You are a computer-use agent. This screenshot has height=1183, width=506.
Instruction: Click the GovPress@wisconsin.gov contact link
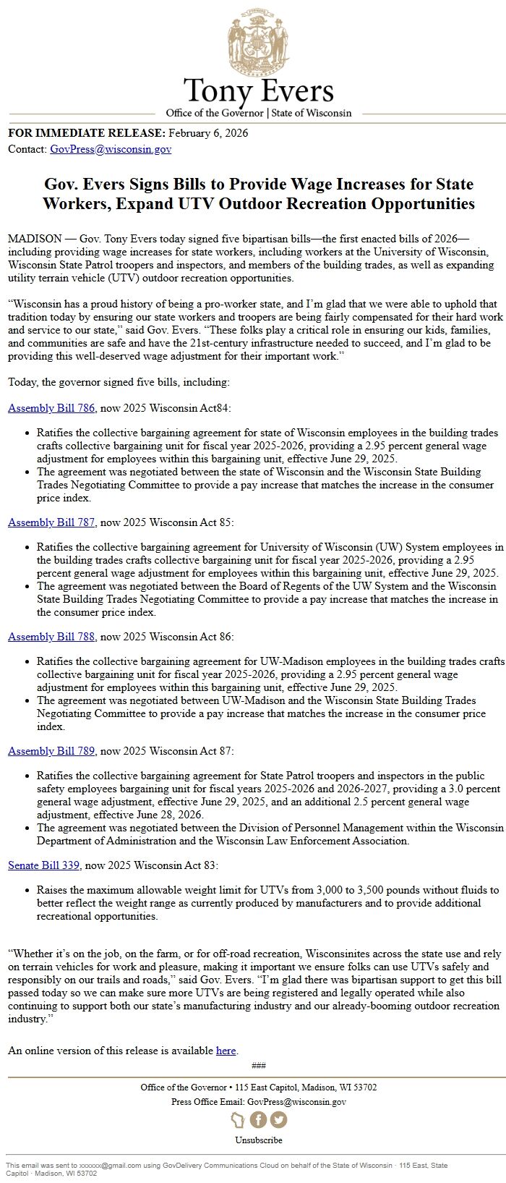111,149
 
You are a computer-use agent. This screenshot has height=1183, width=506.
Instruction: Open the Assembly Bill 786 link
51,408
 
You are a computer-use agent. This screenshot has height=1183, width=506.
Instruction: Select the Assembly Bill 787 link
51,522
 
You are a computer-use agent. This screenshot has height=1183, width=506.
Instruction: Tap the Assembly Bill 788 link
51,637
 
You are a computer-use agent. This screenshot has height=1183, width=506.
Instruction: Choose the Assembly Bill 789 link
51,751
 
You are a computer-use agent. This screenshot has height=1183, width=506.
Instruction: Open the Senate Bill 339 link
43,865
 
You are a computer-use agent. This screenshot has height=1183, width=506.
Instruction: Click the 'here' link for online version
226,1051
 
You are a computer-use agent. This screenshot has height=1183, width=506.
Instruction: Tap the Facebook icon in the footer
258,1119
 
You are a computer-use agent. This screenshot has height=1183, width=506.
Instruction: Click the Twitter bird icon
278,1119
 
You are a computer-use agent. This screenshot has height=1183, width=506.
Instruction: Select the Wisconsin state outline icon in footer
238,1120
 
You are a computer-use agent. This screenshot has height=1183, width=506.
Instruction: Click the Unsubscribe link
258,1140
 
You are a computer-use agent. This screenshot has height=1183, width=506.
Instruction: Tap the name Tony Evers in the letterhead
258,92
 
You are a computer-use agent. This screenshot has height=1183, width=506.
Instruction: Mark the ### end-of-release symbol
258,1065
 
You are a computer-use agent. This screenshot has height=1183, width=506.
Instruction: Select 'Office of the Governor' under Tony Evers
214,113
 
